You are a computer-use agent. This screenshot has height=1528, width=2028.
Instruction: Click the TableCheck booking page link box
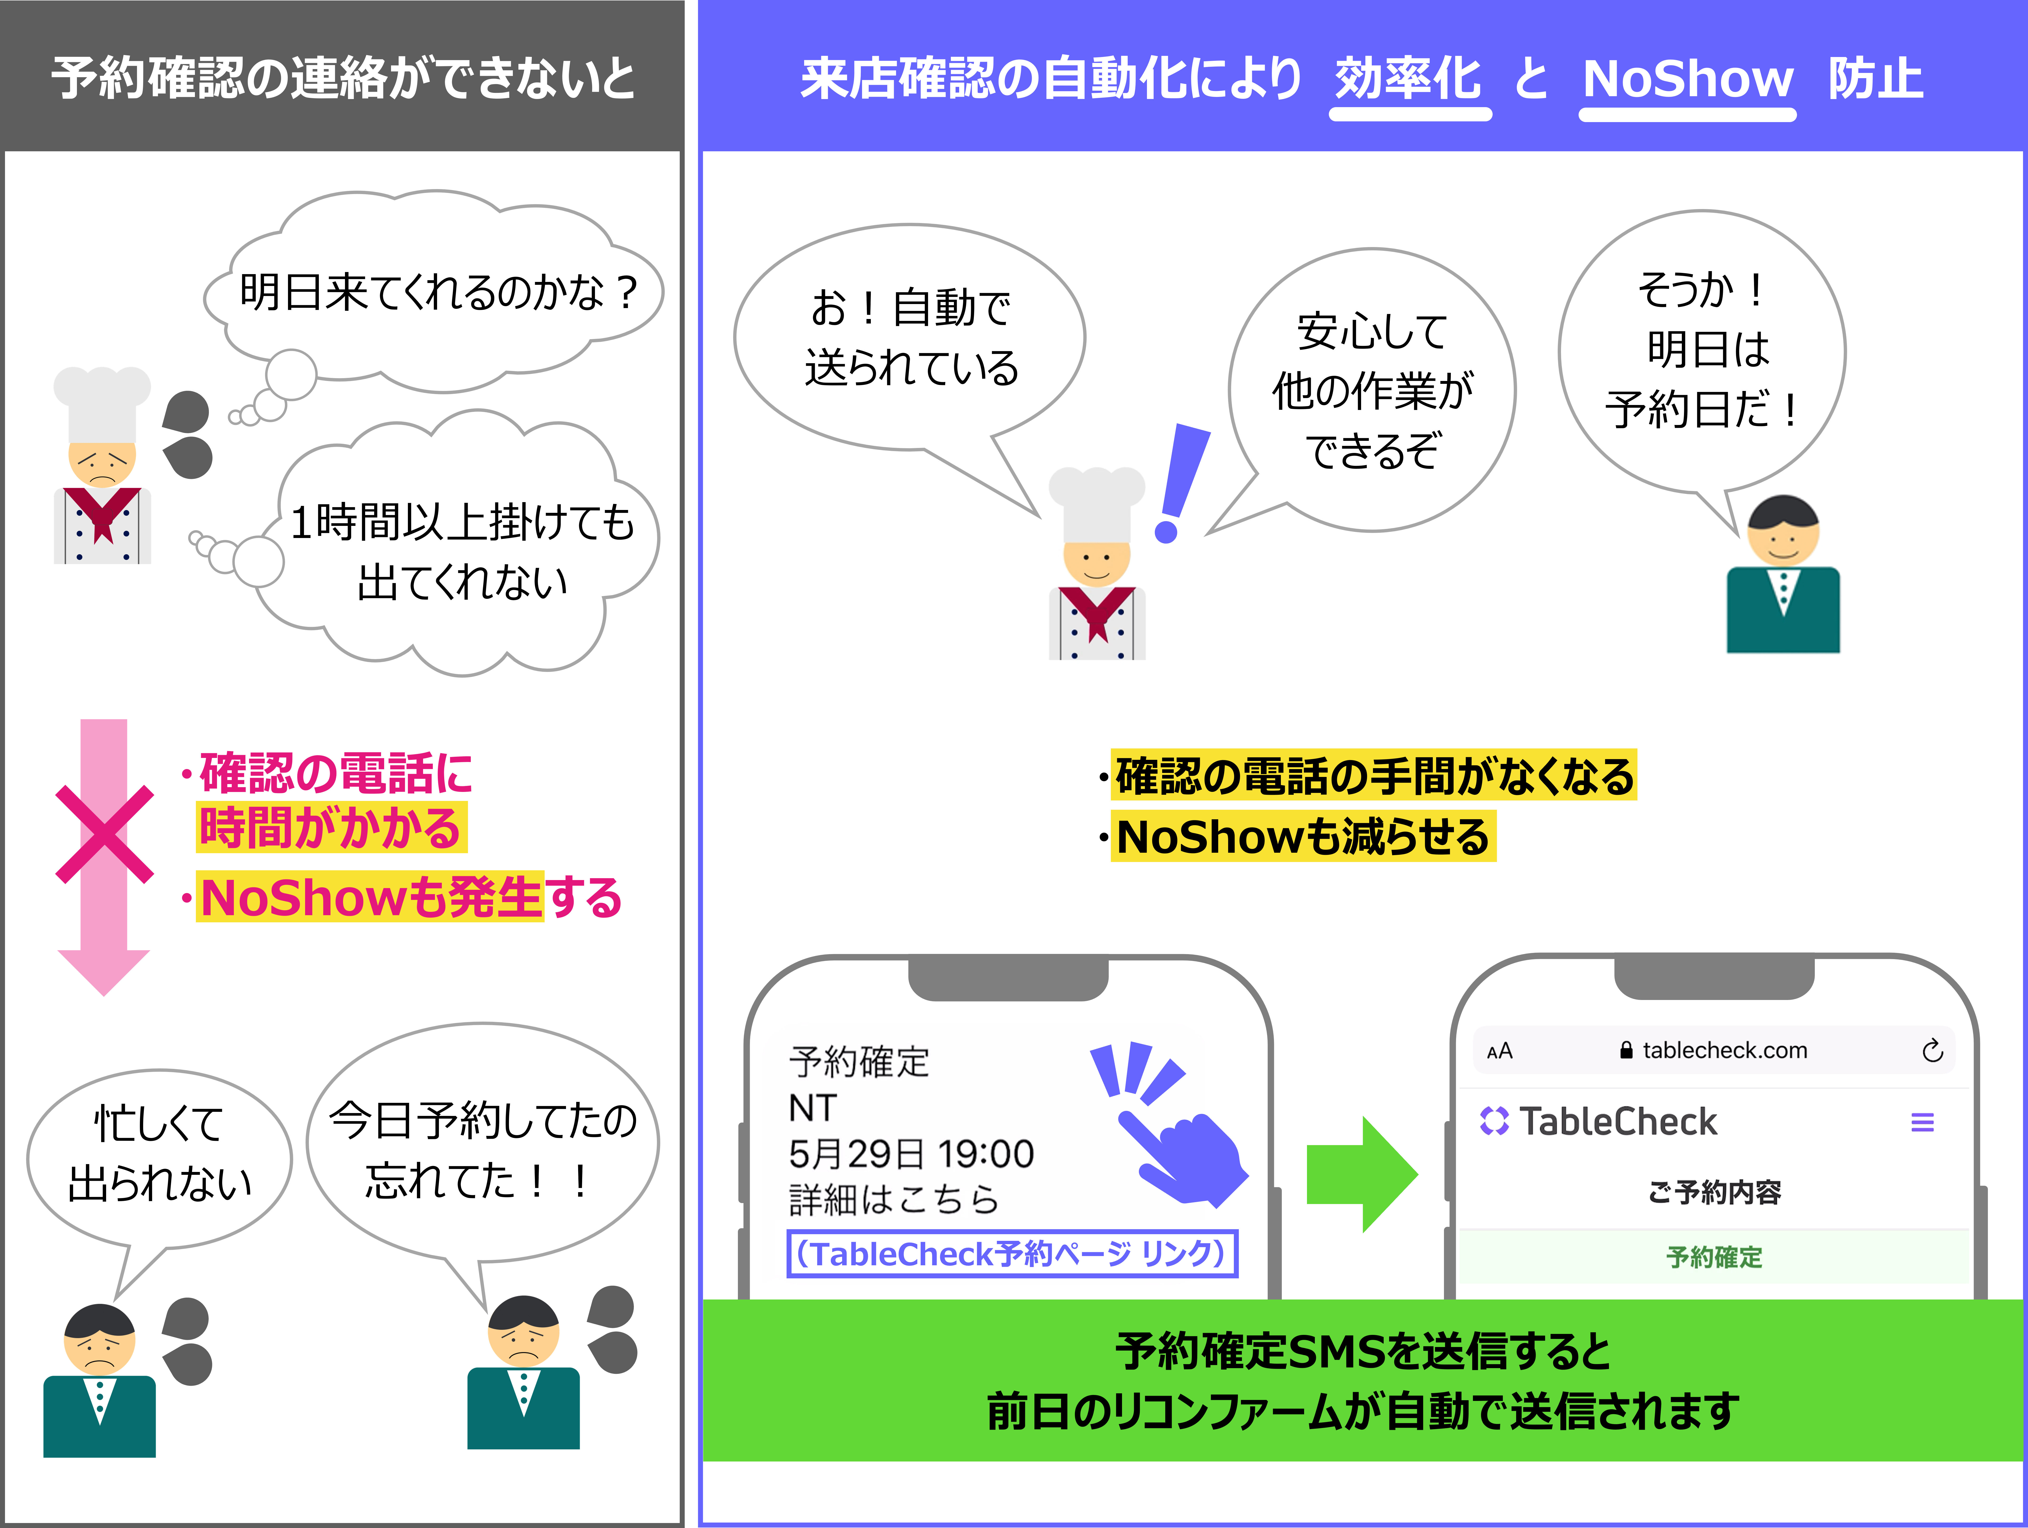click(x=1012, y=1254)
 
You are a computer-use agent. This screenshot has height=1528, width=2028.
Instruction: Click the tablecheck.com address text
click(x=1724, y=1050)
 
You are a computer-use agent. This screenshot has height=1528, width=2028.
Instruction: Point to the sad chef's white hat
click(x=102, y=404)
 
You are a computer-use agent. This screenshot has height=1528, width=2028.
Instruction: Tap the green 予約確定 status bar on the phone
click(x=1713, y=1257)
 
